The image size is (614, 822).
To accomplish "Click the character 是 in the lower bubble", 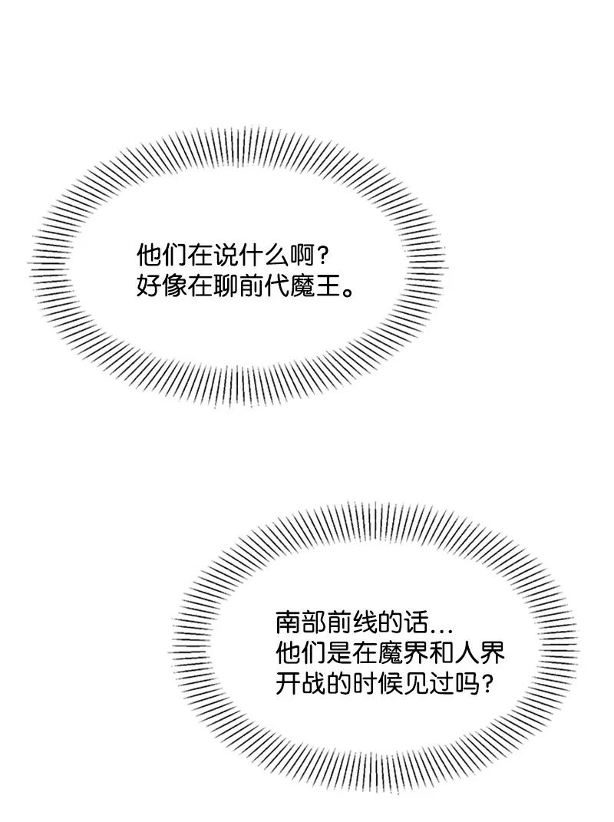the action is click(x=338, y=653).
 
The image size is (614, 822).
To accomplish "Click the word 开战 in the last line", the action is click(x=300, y=683).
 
